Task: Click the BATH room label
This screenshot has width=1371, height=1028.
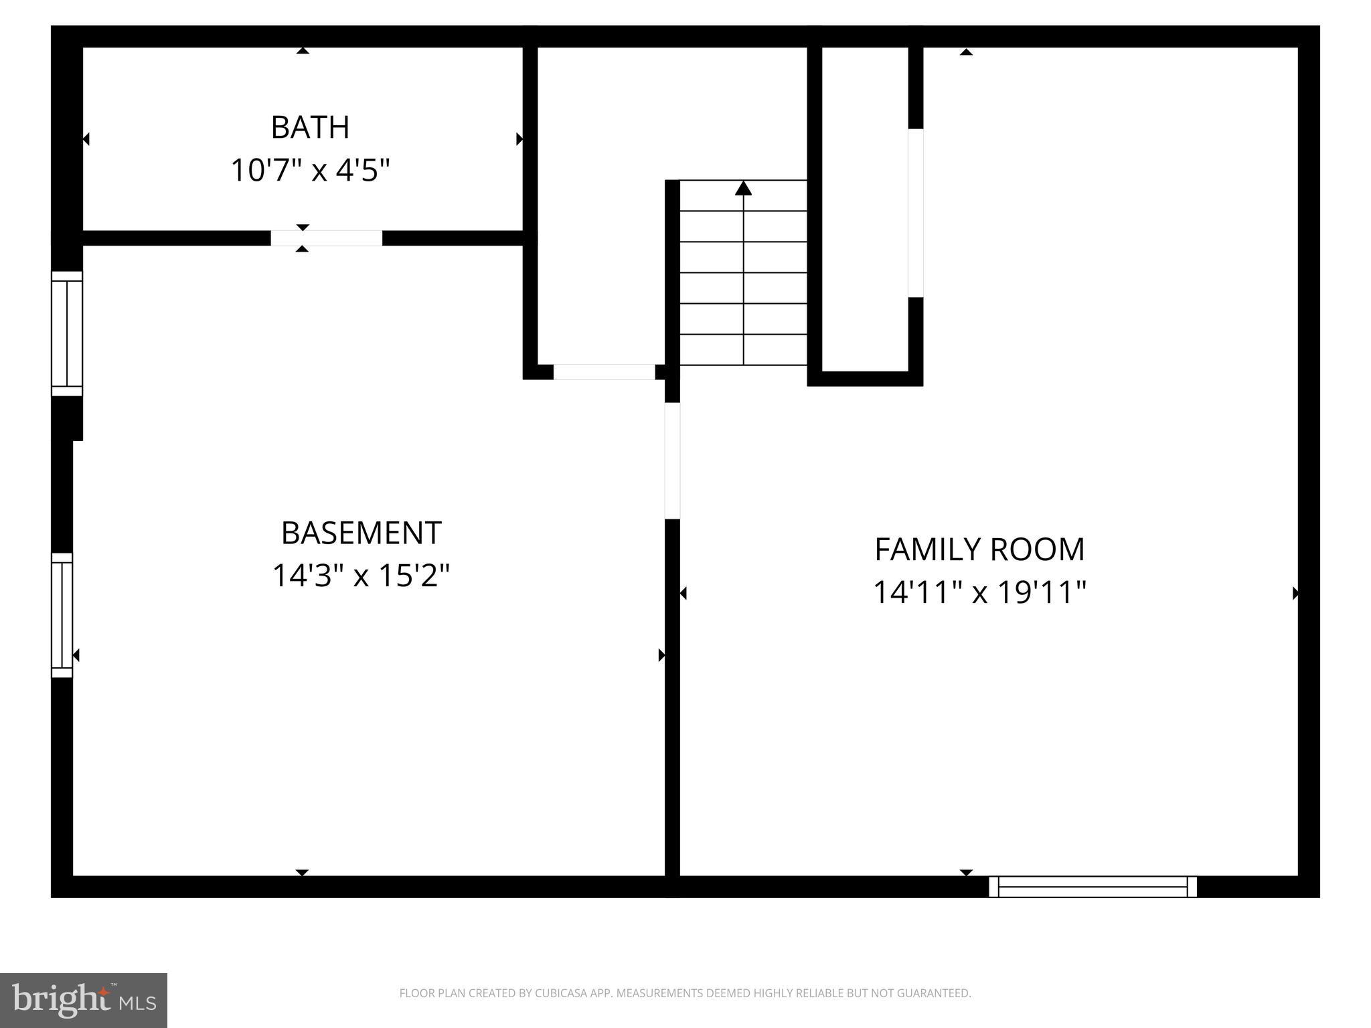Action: pyautogui.click(x=310, y=127)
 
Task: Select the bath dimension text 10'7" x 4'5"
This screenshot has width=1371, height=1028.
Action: pyautogui.click(x=310, y=170)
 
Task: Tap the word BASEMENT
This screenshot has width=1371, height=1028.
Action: pyautogui.click(x=361, y=533)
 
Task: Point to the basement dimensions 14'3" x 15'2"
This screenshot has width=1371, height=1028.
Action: pyautogui.click(x=361, y=575)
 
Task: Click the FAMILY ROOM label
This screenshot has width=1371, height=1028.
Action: pyautogui.click(x=979, y=549)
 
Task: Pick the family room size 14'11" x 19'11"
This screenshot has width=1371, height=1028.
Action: pyautogui.click(x=979, y=592)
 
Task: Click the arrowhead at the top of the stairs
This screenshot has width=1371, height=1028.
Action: pyautogui.click(x=743, y=188)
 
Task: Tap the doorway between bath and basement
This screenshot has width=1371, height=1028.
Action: pyautogui.click(x=327, y=238)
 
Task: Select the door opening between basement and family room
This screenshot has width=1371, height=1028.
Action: pyautogui.click(x=672, y=460)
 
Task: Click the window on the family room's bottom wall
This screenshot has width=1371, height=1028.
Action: pyautogui.click(x=1093, y=886)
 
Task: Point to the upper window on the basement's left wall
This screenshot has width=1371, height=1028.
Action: pyautogui.click(x=67, y=333)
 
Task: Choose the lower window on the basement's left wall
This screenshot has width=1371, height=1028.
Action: pyautogui.click(x=62, y=615)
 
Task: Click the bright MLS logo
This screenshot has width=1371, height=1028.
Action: pyautogui.click(x=84, y=1001)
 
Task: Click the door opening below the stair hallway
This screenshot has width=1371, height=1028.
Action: pyautogui.click(x=604, y=372)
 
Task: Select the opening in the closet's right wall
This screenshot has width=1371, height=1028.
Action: pyautogui.click(x=915, y=213)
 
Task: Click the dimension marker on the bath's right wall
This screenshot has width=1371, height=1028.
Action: pyautogui.click(x=519, y=139)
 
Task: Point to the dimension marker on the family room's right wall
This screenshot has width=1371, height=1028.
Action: pyautogui.click(x=1295, y=593)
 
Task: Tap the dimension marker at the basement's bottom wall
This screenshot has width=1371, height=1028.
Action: pyautogui.click(x=302, y=872)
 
